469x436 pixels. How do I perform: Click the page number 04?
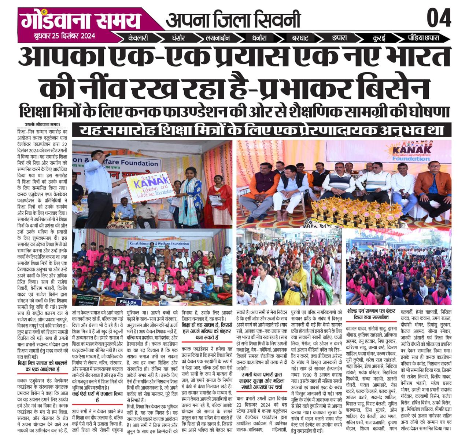pyautogui.click(x=439, y=18)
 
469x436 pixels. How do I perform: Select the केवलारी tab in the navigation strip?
pyautogui.click(x=138, y=38)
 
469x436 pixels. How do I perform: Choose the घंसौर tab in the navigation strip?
pyautogui.click(x=178, y=38)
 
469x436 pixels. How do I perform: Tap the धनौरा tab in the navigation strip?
pyautogui.click(x=259, y=38)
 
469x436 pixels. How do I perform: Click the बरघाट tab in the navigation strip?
pyautogui.click(x=300, y=38)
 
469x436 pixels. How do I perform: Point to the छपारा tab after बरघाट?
pyautogui.click(x=340, y=38)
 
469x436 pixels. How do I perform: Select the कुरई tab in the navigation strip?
pyautogui.click(x=379, y=38)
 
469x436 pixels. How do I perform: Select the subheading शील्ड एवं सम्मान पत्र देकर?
pyautogui.click(x=368, y=314)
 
